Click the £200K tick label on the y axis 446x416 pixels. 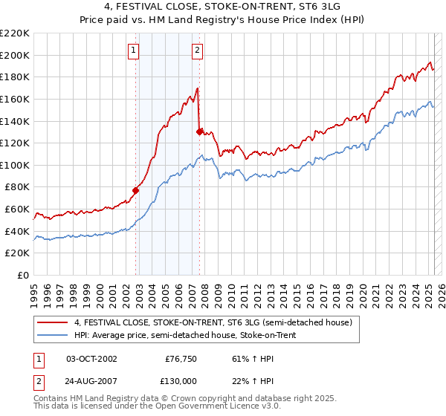[x=15, y=55]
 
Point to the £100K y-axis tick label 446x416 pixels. [x=15, y=165]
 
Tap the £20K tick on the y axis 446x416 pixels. [x=17, y=253]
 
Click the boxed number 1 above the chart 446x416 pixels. [x=133, y=51]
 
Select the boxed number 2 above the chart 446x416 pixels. [x=197, y=51]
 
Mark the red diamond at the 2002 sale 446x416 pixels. [x=136, y=190]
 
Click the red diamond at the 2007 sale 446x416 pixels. [x=200, y=131]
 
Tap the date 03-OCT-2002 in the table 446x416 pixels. [x=91, y=359]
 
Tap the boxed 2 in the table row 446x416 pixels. [x=36, y=381]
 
